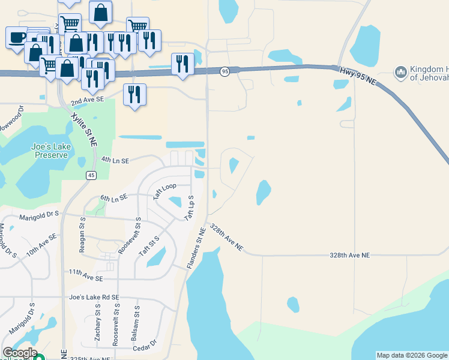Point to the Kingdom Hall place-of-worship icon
coord(400,73)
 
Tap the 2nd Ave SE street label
coord(87,103)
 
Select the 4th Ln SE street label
coord(115,160)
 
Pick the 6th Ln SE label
coord(113,197)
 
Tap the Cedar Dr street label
coord(145,343)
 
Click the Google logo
coord(19,353)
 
